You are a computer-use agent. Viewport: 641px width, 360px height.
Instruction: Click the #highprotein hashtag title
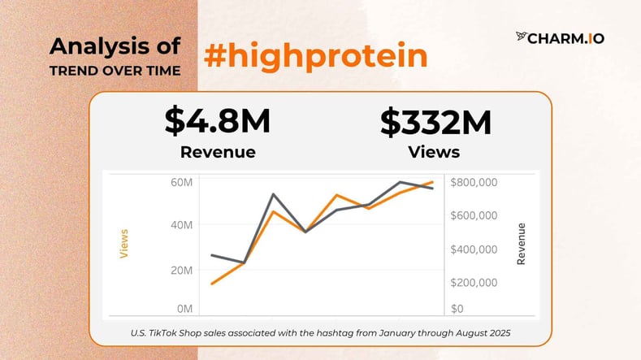315,55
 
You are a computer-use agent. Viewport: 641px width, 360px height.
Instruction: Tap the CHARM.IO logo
560,37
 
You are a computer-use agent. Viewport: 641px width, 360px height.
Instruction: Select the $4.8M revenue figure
217,121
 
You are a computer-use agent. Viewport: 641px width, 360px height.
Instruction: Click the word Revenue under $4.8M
218,152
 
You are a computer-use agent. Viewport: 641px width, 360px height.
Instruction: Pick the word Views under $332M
435,152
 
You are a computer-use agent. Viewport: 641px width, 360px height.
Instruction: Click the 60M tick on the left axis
180,182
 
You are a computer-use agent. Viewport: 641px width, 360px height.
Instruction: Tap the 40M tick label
180,225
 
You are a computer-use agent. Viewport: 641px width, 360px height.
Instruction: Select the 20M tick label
180,269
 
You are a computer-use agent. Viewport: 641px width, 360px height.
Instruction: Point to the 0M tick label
184,309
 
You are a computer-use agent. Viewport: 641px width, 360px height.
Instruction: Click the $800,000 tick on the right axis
474,182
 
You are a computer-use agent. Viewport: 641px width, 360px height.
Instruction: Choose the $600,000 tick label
474,215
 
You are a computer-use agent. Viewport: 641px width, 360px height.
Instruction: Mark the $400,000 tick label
474,249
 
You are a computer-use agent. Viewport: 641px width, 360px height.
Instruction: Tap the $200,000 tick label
474,283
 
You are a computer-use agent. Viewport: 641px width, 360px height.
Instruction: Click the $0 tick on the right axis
457,309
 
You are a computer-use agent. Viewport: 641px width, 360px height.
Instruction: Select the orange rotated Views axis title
124,243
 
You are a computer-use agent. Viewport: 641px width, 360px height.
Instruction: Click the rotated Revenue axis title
522,243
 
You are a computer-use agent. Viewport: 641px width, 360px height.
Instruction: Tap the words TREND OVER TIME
115,70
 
